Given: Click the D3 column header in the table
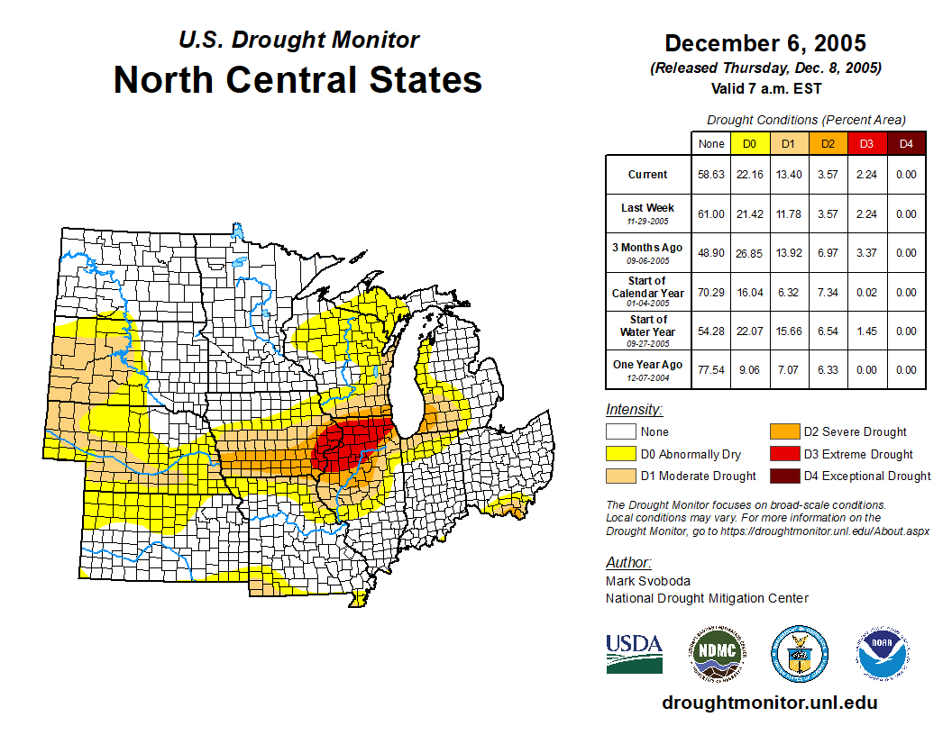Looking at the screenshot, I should pos(866,144).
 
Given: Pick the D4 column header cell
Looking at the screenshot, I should pos(906,144).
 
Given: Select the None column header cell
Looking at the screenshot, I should pos(711,144).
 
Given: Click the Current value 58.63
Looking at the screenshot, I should pos(711,175).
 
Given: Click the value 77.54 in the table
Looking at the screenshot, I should pos(711,369).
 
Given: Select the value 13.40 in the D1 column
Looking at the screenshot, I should pos(789,175).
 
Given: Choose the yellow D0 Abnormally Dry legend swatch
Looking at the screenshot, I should pos(620,454).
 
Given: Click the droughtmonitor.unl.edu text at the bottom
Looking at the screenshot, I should pos(770,703).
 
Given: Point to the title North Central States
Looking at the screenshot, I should pos(297,80).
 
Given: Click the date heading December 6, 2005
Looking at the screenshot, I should pos(765,43).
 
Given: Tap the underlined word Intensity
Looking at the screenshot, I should pos(634,410).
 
